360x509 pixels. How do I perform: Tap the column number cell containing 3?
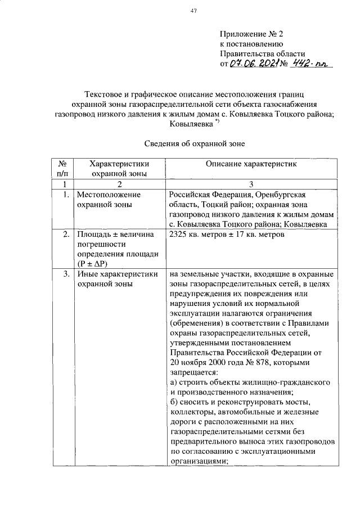251,184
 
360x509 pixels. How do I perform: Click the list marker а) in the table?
173,382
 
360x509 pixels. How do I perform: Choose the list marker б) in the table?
173,403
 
